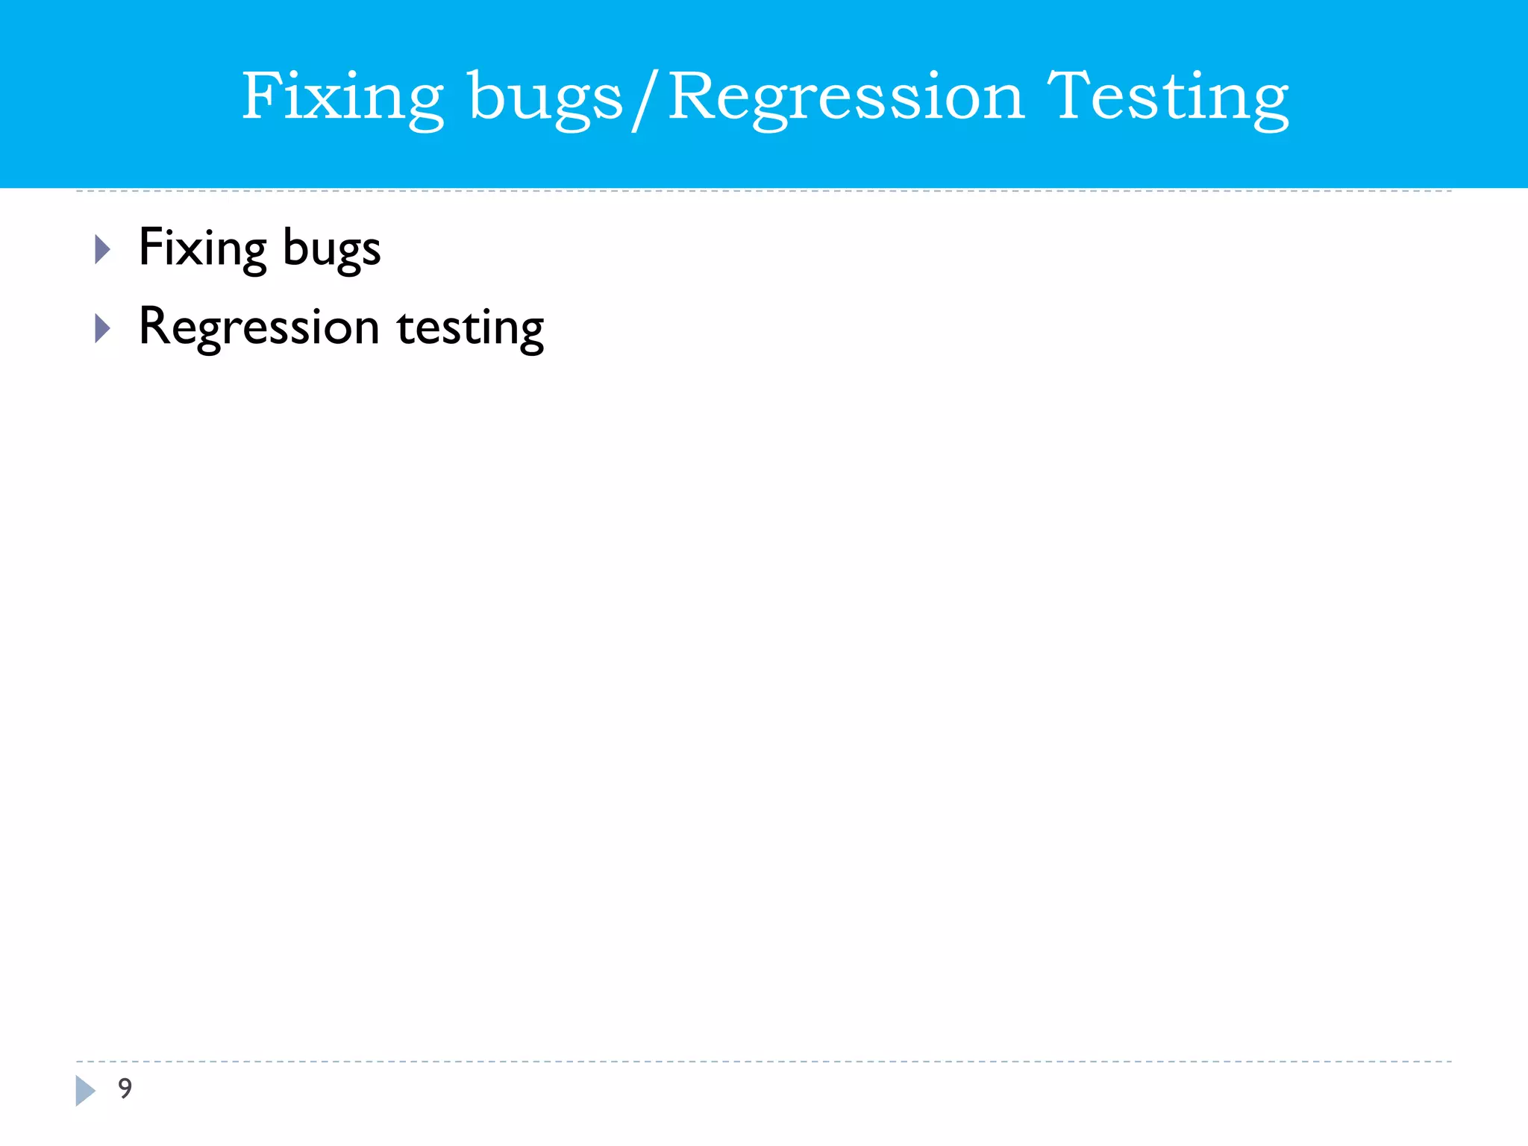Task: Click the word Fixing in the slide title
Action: click(342, 97)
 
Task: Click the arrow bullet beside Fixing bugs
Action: click(103, 249)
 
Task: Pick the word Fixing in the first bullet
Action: click(203, 248)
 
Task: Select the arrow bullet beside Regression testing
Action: click(103, 328)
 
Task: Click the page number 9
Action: click(125, 1088)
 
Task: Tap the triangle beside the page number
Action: click(85, 1091)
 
